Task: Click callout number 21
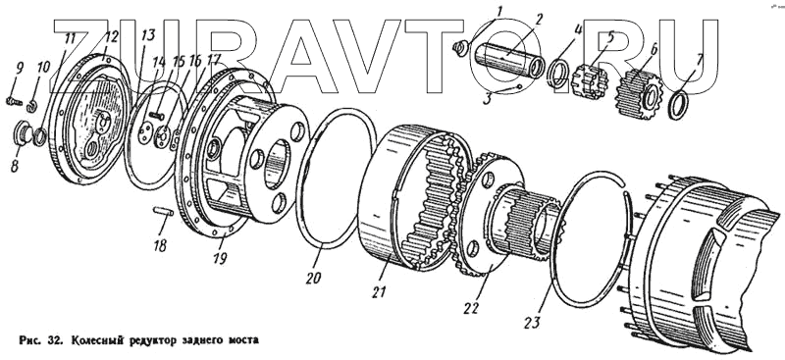pyautogui.click(x=379, y=291)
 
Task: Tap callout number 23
pyautogui.click(x=532, y=322)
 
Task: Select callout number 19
pyautogui.click(x=219, y=258)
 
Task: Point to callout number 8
pyautogui.click(x=15, y=166)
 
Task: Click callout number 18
pyautogui.click(x=160, y=245)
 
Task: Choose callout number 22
pyautogui.click(x=472, y=307)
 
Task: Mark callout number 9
pyautogui.click(x=20, y=68)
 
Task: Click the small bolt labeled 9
pyautogui.click(x=14, y=102)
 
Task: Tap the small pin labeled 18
pyautogui.click(x=163, y=212)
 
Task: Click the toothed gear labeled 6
pyautogui.click(x=640, y=95)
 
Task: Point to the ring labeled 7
pyautogui.click(x=678, y=105)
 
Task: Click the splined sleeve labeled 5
pyautogui.click(x=593, y=82)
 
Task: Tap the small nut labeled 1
pyautogui.click(x=459, y=48)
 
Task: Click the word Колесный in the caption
pyautogui.click(x=94, y=341)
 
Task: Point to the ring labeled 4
pyautogui.click(x=558, y=75)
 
